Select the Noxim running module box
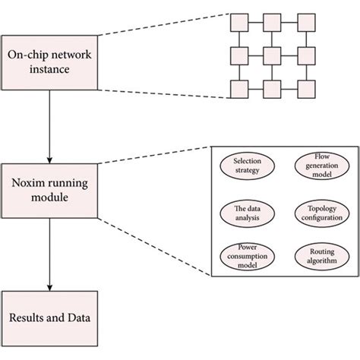click(x=49, y=189)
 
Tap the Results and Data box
click(x=49, y=316)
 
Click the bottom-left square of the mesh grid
click(x=238, y=89)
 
